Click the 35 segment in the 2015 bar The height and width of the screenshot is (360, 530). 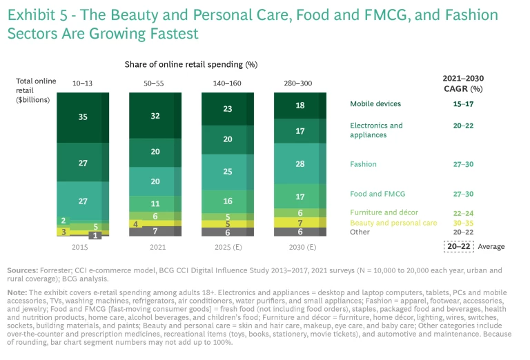coord(83,117)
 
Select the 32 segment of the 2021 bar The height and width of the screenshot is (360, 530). coord(155,117)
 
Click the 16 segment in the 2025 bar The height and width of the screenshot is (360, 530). coord(227,201)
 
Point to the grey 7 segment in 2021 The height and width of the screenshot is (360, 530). coord(155,231)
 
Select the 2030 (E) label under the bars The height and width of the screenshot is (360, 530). coord(299,247)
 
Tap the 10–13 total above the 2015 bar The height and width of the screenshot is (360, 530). coord(82,83)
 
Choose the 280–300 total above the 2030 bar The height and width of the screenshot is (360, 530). coord(299,83)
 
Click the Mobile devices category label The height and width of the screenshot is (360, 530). coord(375,104)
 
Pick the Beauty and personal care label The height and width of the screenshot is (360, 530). coord(393,223)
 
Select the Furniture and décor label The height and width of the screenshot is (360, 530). coord(384,212)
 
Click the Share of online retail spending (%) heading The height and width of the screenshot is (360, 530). coord(191,64)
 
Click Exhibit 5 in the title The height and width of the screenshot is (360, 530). coord(43,14)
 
